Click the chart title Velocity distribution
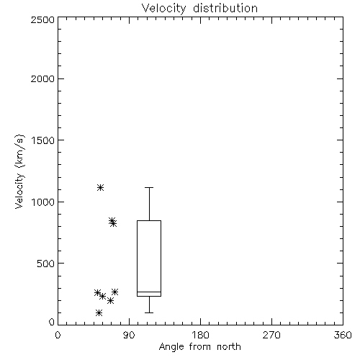click(x=199, y=9)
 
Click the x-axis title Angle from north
click(x=199, y=347)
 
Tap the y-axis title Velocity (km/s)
click(x=19, y=171)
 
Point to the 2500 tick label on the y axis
click(x=42, y=19)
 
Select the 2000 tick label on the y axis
click(x=42, y=78)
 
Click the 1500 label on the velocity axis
click(x=43, y=140)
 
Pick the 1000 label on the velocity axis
click(x=43, y=202)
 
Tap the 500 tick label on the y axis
click(x=46, y=264)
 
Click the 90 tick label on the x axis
click(x=129, y=335)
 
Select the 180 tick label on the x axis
click(x=200, y=335)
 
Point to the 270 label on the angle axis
click(x=271, y=335)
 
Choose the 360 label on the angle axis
click(x=343, y=335)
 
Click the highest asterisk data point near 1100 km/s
click(x=100, y=187)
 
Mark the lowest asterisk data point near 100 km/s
click(x=99, y=312)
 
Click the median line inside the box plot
click(x=149, y=292)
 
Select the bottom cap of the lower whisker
click(x=149, y=312)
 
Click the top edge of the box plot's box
click(x=149, y=220)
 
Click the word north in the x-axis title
click(x=229, y=347)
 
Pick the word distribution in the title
click(x=225, y=9)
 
